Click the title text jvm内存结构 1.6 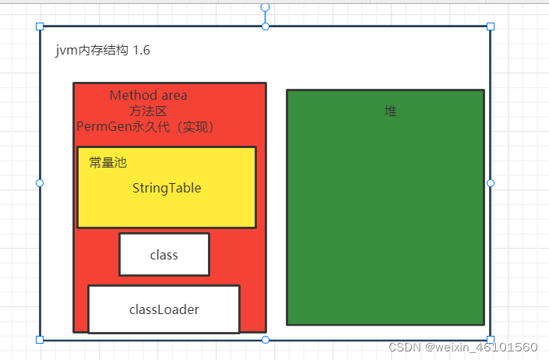pyautogui.click(x=103, y=51)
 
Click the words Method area pyautogui.click(x=148, y=95)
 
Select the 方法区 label pyautogui.click(x=148, y=111)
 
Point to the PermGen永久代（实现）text pyautogui.click(x=146, y=126)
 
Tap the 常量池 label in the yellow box pyautogui.click(x=107, y=163)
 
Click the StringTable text pyautogui.click(x=167, y=188)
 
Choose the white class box pyautogui.click(x=164, y=255)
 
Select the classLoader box pyautogui.click(x=164, y=309)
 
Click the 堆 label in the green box pyautogui.click(x=391, y=111)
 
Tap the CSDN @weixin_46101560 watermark pyautogui.click(x=463, y=348)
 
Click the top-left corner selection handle pyautogui.click(x=40, y=26)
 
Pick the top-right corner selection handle pyautogui.click(x=491, y=26)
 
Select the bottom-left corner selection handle pyautogui.click(x=40, y=340)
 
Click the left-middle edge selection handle pyautogui.click(x=40, y=183)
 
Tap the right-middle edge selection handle pyautogui.click(x=491, y=183)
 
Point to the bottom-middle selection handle pyautogui.click(x=266, y=340)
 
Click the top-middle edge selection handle pyautogui.click(x=266, y=26)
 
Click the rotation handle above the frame pyautogui.click(x=266, y=7)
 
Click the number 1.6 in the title pyautogui.click(x=142, y=51)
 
